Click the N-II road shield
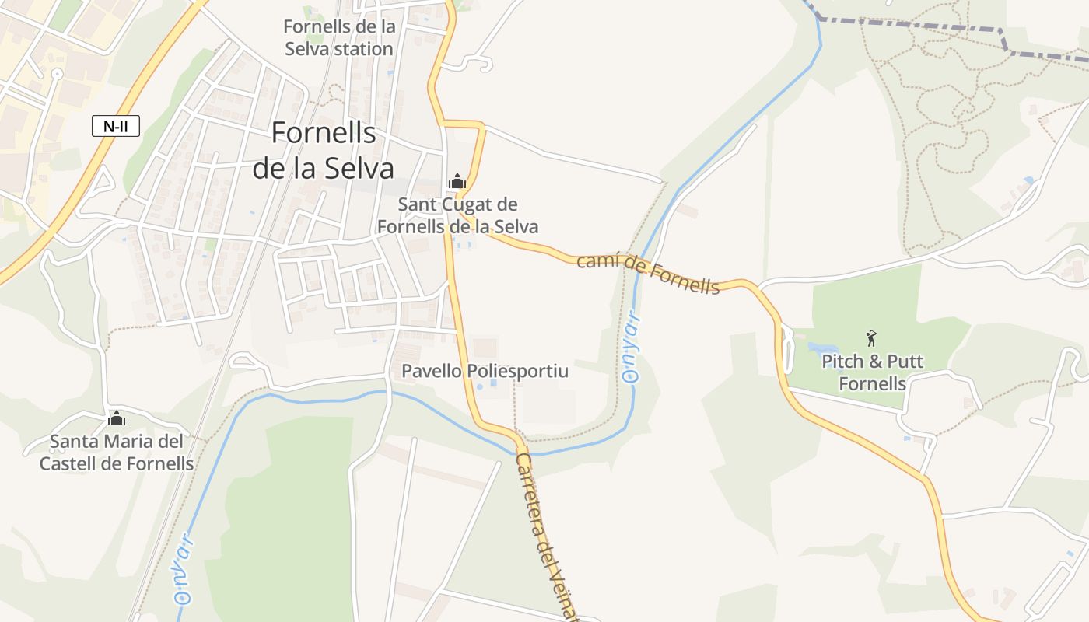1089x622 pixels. [116, 125]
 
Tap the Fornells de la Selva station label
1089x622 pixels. [339, 37]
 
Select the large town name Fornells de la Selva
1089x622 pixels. [323, 151]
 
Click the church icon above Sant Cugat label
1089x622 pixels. [457, 182]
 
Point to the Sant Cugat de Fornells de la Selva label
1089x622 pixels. [457, 215]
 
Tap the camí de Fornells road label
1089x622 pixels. [648, 274]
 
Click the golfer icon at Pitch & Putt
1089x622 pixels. [871, 338]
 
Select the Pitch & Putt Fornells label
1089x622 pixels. [872, 372]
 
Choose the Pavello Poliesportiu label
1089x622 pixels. [485, 371]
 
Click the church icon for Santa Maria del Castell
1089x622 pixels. [117, 419]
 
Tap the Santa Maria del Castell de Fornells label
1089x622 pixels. [117, 453]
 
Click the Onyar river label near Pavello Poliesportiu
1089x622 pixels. [632, 347]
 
